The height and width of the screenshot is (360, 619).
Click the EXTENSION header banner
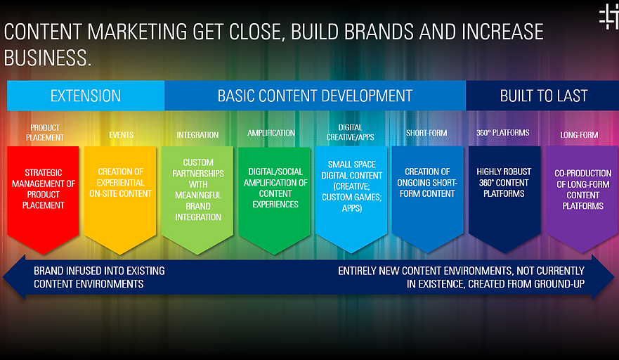coord(86,96)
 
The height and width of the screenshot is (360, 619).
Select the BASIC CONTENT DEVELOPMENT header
coord(315,96)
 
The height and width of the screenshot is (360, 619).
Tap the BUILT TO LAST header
coord(542,96)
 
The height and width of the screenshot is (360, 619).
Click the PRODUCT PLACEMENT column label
coord(44,132)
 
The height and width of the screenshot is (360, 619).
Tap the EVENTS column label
coord(121,135)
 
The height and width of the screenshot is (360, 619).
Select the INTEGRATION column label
coord(197,135)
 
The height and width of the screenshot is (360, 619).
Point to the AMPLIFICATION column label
coord(271,133)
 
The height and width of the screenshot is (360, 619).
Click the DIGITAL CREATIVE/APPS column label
coord(350,132)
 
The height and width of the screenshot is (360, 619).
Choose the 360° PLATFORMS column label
coord(502,132)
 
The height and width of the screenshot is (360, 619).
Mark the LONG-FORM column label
coord(579,135)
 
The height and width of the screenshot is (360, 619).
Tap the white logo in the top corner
coord(608,17)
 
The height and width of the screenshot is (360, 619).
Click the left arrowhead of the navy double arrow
coord(14,277)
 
